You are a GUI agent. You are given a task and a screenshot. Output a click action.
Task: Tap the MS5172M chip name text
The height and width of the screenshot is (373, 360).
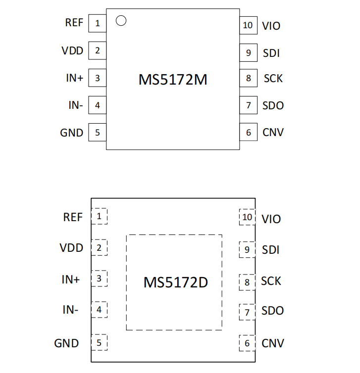(173, 80)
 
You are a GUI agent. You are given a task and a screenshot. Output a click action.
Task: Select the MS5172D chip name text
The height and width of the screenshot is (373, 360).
(176, 282)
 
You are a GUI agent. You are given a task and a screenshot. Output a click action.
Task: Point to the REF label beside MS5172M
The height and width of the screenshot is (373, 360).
(74, 23)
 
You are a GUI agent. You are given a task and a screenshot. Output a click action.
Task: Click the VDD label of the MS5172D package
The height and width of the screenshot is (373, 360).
(71, 248)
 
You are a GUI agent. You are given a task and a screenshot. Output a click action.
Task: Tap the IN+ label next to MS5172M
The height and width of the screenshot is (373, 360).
(75, 78)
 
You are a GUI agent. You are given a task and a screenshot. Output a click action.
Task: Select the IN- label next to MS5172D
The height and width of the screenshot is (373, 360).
(70, 310)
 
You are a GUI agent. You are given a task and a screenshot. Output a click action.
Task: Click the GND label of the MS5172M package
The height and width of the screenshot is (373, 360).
(72, 133)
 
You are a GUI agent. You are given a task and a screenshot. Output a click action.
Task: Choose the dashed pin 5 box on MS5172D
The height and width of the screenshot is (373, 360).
(100, 342)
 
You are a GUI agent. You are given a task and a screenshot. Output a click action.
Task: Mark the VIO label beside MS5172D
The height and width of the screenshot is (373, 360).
(271, 219)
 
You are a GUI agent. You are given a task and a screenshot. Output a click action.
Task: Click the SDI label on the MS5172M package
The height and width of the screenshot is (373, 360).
(271, 53)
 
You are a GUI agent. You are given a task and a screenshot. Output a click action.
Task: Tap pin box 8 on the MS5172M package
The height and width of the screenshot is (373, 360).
(248, 78)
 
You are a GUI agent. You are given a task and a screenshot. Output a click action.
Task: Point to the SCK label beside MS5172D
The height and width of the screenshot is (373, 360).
(271, 281)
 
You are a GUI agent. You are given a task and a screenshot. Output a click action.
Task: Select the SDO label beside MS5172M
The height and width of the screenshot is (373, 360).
(273, 106)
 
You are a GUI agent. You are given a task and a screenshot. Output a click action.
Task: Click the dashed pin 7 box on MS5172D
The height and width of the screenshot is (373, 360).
(247, 312)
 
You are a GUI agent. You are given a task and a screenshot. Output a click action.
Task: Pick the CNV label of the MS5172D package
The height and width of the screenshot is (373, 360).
(273, 343)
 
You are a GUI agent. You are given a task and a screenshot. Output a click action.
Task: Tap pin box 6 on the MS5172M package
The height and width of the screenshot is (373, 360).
(248, 132)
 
